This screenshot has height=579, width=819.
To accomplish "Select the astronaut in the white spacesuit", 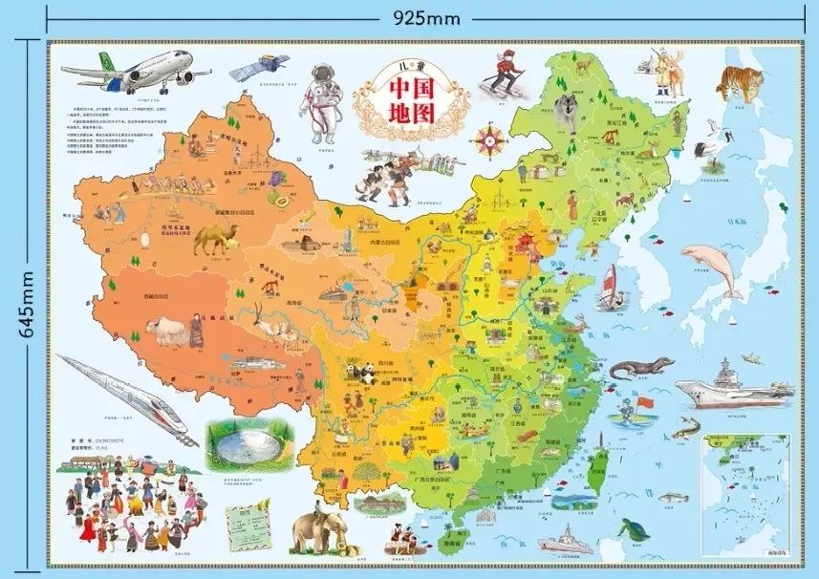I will [322, 100].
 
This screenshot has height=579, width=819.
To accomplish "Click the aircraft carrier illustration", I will [734, 387].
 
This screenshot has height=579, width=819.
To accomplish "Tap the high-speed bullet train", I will [124, 396].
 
